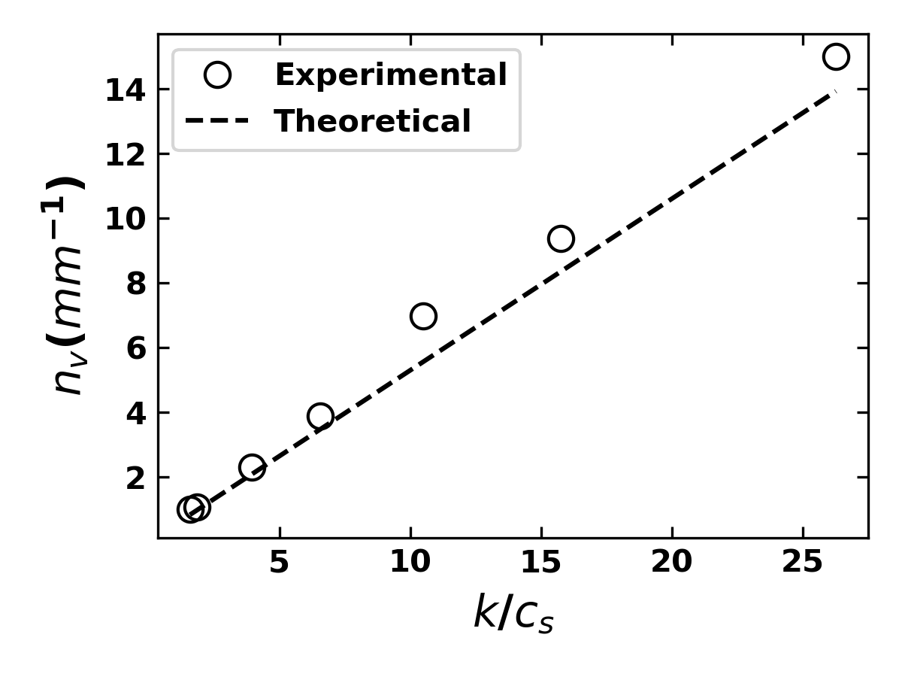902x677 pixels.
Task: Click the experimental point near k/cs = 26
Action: pos(835,56)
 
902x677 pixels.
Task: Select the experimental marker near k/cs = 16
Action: pos(561,238)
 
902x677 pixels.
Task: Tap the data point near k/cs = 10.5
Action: pos(423,316)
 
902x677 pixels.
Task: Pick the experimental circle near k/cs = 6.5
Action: pos(320,415)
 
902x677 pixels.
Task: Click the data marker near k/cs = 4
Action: pos(252,467)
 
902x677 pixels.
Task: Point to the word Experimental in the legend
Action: pos(391,75)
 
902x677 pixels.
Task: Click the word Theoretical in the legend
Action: pos(373,121)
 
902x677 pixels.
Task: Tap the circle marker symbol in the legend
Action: pos(217,74)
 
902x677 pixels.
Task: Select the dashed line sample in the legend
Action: pos(217,121)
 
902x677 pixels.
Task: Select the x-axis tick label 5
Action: pos(280,563)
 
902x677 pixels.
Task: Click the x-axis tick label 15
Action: pos(541,563)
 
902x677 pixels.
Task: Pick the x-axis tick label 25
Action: pos(803,563)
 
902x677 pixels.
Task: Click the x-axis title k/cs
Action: pos(513,614)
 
